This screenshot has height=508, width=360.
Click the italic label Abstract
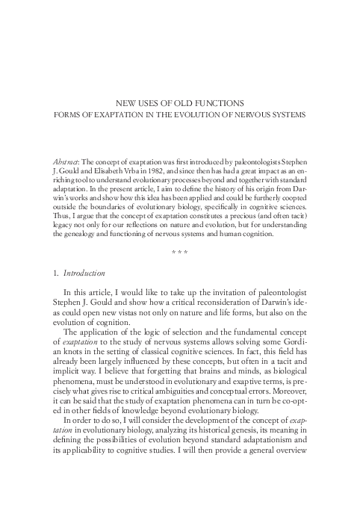click(x=69, y=161)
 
